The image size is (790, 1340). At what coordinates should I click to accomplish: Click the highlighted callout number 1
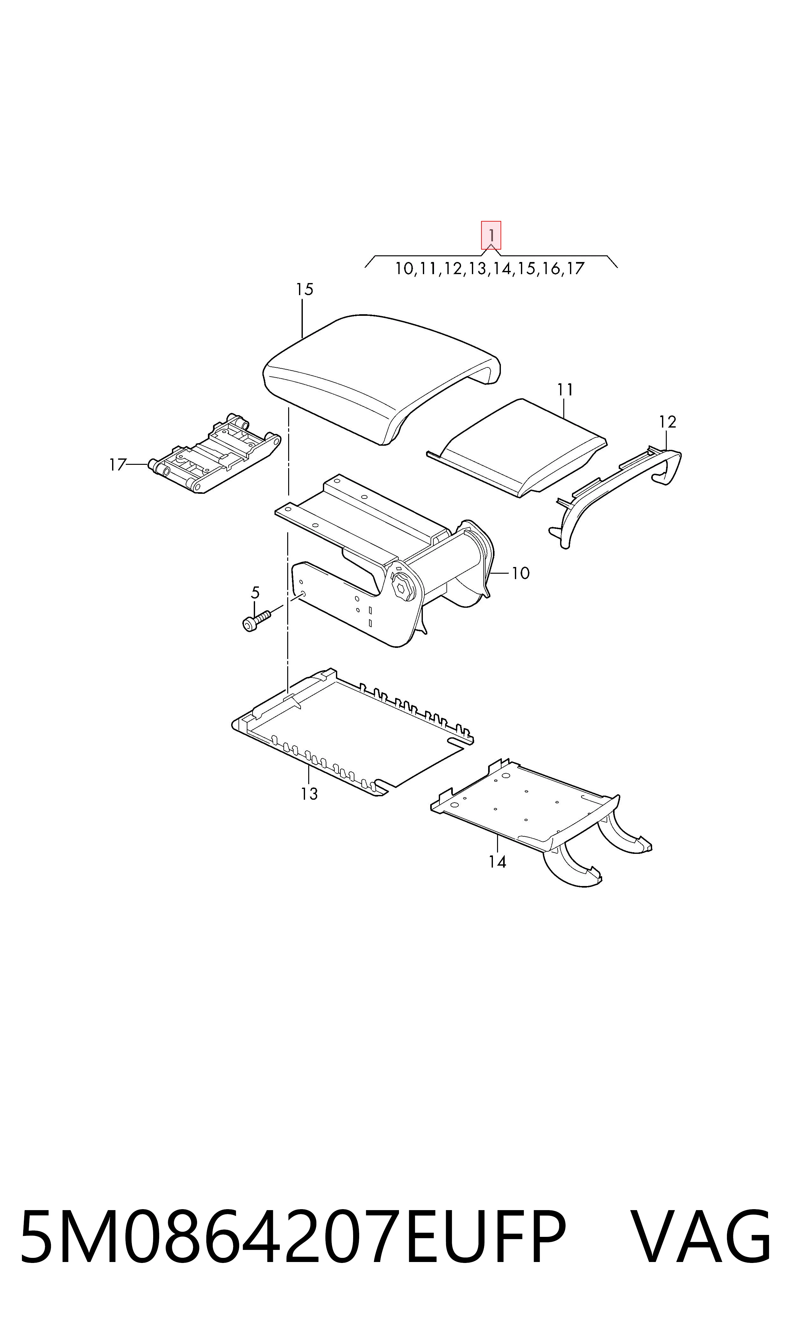(x=491, y=235)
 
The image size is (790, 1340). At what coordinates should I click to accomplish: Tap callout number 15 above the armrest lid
(x=304, y=289)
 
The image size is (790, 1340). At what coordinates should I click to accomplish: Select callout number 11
(x=565, y=390)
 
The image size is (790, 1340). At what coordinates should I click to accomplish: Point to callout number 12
(x=667, y=422)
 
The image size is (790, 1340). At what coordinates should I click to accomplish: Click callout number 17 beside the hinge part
(x=117, y=465)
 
